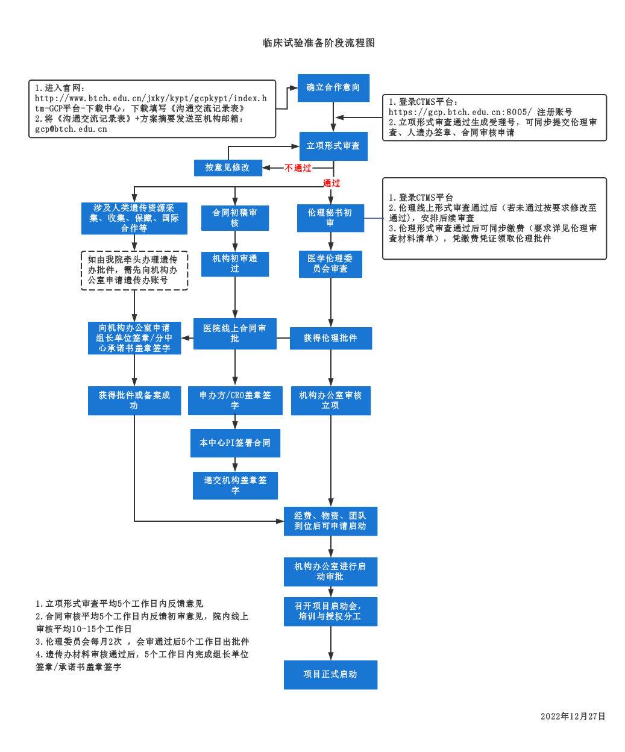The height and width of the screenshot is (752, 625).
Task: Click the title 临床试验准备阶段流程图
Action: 319,43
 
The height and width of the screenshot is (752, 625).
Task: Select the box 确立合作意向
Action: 333,88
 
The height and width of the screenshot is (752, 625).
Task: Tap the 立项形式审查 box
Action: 333,146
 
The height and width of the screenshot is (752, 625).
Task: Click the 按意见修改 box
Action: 227,168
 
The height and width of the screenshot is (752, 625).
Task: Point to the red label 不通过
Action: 298,168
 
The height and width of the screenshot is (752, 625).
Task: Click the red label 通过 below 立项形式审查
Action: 331,183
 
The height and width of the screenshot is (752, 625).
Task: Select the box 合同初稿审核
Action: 234,218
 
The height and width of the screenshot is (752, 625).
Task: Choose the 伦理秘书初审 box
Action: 330,218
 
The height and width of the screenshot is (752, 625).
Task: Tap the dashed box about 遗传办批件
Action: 134,271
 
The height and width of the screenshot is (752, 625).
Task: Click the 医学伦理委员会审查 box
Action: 330,264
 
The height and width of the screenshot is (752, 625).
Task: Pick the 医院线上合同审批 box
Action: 234,334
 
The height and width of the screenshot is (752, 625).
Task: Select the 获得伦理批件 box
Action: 330,338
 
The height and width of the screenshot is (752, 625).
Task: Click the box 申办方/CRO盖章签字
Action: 235,401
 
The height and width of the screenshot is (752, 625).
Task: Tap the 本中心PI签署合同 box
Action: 235,443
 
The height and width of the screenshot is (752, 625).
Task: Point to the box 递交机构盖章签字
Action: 235,486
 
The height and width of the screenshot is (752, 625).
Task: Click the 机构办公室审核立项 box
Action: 330,401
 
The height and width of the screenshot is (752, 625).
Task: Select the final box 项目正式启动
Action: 330,674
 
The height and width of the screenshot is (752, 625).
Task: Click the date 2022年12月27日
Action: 573,716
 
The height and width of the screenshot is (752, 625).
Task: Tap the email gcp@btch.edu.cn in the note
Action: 71,129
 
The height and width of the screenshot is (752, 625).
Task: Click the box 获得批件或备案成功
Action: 134,401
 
